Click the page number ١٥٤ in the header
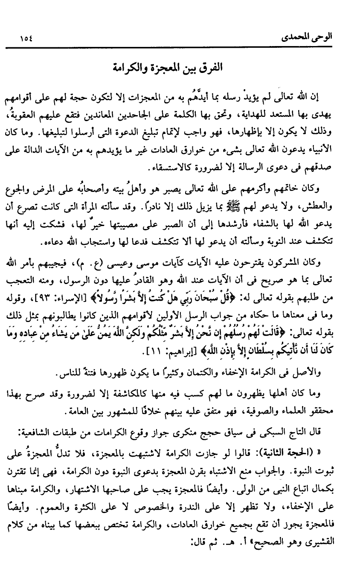[26, 39]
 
